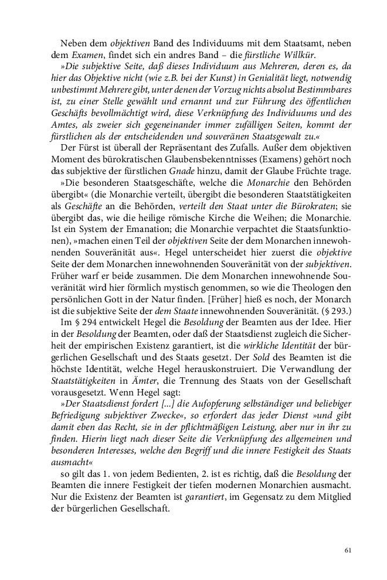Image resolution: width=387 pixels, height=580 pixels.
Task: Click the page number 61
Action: coord(348,550)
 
